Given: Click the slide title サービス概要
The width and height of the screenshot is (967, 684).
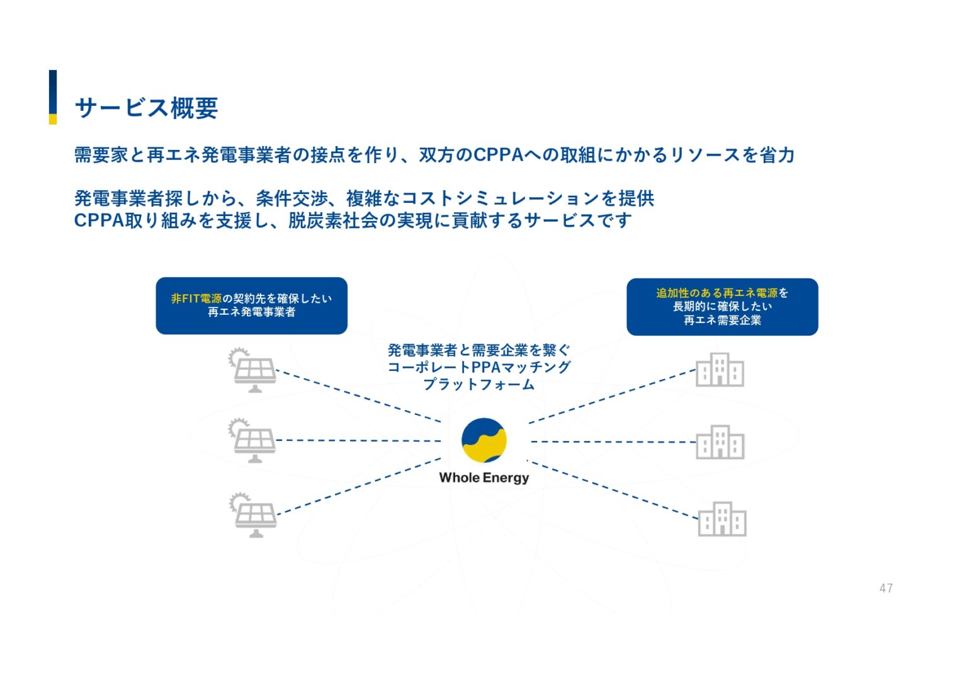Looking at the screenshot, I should tap(146, 108).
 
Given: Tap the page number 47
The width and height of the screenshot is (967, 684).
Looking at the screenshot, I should tap(886, 588).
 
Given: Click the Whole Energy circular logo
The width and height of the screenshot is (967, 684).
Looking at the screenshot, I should tap(483, 440).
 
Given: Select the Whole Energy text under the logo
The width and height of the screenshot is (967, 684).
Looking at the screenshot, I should tap(483, 477).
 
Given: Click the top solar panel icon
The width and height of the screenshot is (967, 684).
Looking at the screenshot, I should tap(252, 370).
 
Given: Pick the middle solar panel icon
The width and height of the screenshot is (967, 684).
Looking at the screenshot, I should tap(252, 440).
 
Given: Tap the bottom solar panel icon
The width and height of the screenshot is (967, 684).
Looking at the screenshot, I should tap(253, 515).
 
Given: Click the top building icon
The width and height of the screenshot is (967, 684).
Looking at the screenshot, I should tap(720, 370).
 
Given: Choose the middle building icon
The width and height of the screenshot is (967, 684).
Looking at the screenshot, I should tap(720, 442).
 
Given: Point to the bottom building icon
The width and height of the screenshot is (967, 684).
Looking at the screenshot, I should tap(722, 520).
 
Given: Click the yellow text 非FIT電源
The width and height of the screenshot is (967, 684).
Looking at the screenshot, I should tap(196, 299).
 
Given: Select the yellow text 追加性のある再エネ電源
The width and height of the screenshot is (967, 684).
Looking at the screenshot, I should tap(716, 293).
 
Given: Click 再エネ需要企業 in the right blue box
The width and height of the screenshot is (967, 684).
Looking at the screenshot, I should tap(722, 321).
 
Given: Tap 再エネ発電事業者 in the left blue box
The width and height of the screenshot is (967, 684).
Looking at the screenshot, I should tap(251, 312).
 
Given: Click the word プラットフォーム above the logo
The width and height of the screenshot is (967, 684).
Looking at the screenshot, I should tap(478, 384).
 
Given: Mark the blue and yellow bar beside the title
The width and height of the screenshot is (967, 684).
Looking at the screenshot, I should tap(53, 97).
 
